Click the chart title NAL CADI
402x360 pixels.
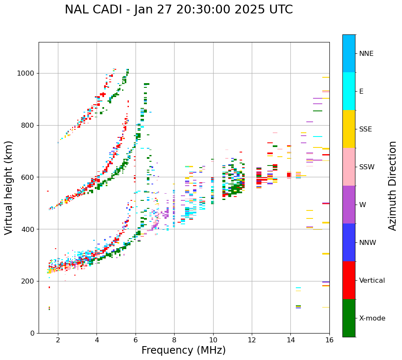(178, 10)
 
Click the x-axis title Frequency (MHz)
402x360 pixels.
(183, 350)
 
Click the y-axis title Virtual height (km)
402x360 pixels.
(9, 188)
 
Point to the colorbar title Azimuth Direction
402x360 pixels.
(392, 186)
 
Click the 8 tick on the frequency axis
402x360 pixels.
(174, 340)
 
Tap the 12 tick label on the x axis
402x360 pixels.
(252, 340)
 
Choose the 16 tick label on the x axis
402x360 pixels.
(329, 340)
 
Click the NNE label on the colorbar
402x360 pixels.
(366, 54)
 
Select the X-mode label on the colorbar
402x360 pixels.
(372, 318)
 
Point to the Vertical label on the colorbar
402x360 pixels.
(372, 281)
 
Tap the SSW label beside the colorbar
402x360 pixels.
(366, 167)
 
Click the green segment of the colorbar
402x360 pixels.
(349, 318)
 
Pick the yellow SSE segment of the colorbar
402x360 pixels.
(349, 129)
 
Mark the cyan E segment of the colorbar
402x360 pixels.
(349, 91)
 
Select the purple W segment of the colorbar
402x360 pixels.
(349, 205)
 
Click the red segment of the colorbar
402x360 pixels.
(349, 280)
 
